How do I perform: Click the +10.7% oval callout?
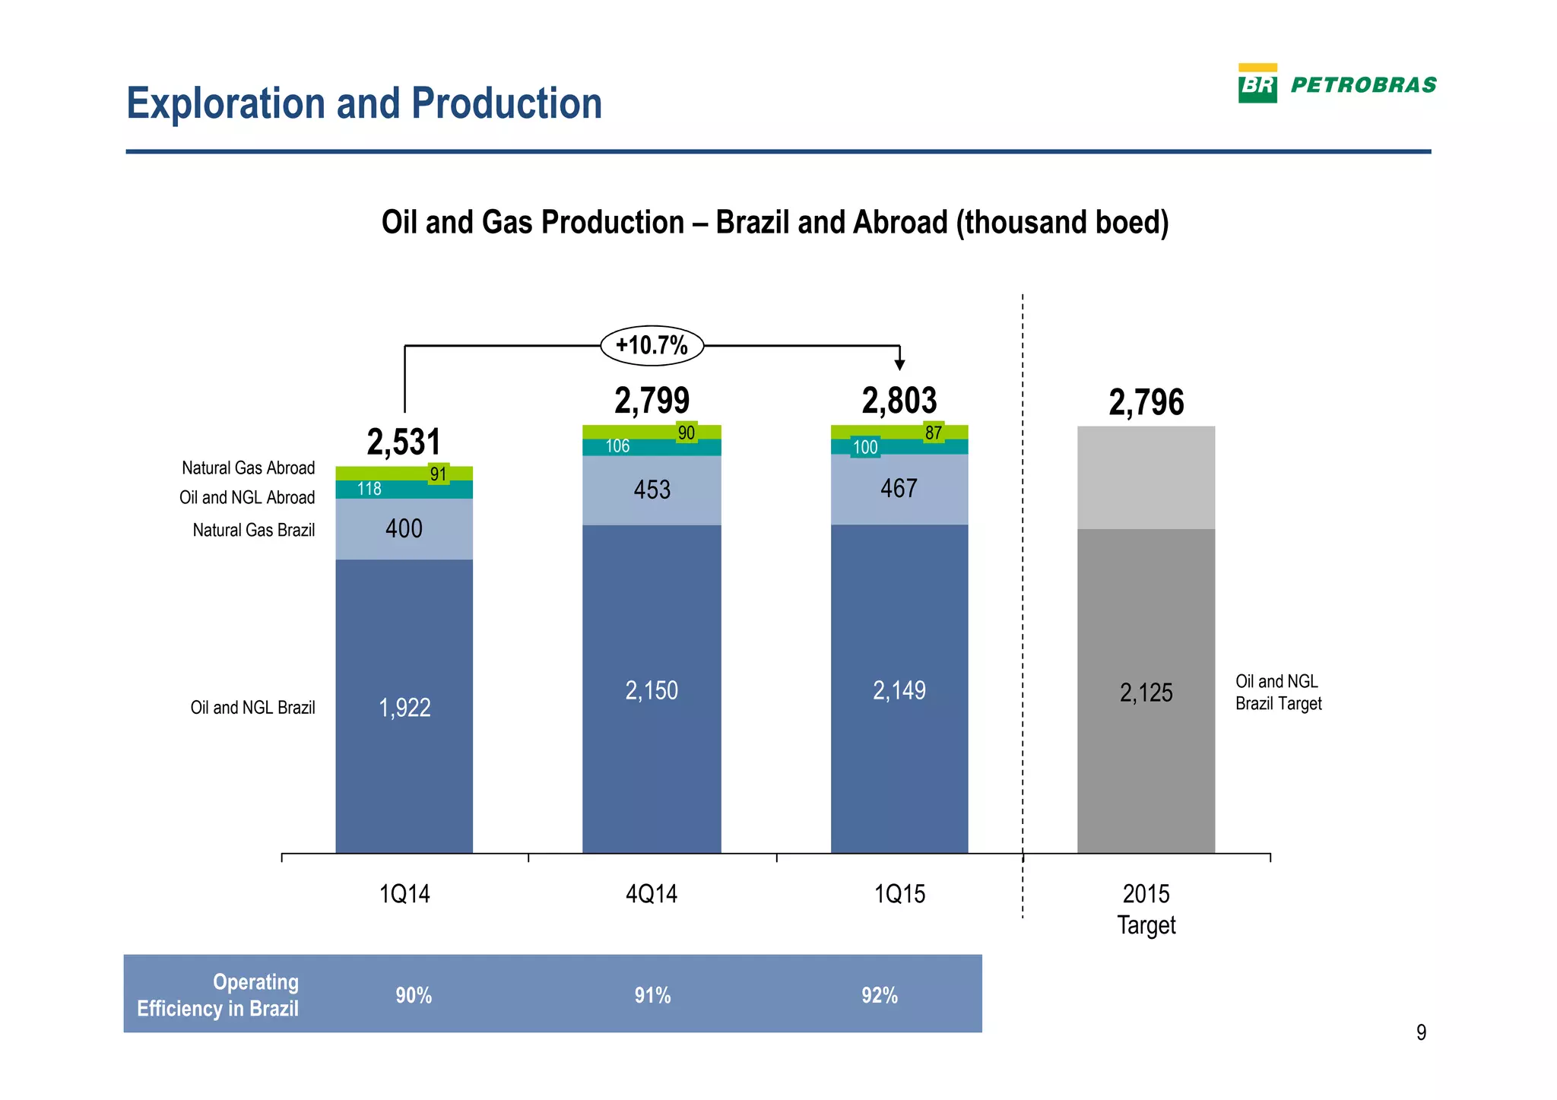652,346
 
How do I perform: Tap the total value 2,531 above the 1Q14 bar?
404,442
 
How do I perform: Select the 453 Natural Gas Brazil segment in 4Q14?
652,490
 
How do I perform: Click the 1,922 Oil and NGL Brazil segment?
404,708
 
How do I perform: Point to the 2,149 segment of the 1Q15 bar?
899,690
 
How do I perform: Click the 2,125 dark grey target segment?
1146,693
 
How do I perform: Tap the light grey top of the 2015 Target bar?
1146,477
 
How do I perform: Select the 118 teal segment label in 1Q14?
369,489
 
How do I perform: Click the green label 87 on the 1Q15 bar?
934,433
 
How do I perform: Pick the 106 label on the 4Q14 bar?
617,446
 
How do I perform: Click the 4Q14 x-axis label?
652,894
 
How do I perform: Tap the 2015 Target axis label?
1146,909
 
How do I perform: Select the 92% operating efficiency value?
880,996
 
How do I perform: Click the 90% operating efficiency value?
414,996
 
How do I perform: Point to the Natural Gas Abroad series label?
248,468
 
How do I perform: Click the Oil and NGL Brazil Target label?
1278,693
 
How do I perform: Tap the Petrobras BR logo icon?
1257,84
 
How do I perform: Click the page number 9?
1421,1032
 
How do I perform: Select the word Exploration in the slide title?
226,103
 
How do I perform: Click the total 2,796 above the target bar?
1146,402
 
